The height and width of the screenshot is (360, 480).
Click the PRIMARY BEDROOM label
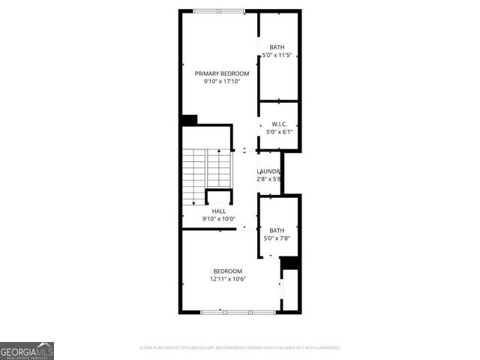(x=221, y=73)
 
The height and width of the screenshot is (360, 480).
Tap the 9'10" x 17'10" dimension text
(x=221, y=82)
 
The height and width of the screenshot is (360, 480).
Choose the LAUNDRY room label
(x=268, y=171)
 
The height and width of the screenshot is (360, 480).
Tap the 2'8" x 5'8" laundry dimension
(x=268, y=179)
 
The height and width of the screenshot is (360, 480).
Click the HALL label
(x=218, y=211)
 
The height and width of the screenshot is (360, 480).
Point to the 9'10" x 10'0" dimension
(x=218, y=219)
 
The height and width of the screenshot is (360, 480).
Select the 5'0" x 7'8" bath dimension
(x=277, y=238)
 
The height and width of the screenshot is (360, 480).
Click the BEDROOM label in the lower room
(x=227, y=271)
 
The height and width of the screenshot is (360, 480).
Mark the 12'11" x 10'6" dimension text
(x=227, y=279)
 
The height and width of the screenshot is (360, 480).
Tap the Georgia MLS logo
(x=27, y=350)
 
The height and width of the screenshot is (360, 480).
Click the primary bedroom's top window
(x=218, y=10)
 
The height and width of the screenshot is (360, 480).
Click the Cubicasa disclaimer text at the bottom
(x=240, y=348)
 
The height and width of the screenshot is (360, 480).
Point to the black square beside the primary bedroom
(x=189, y=120)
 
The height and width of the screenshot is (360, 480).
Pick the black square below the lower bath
(x=289, y=263)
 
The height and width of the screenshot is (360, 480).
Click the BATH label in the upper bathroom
(x=277, y=46)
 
